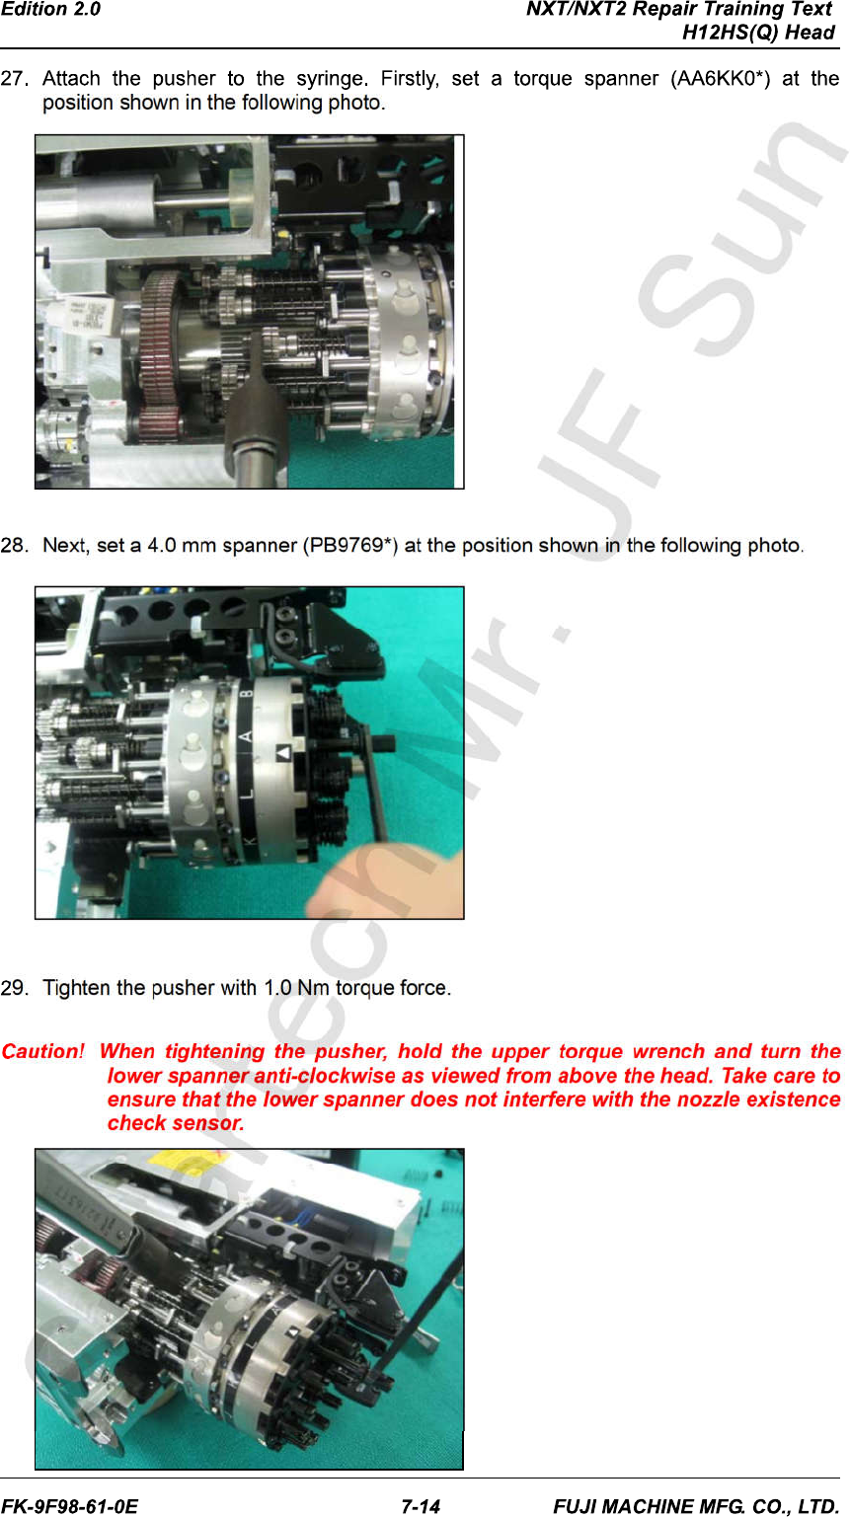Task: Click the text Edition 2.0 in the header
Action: tap(50, 10)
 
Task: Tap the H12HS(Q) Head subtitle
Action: tap(758, 33)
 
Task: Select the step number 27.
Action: tap(15, 79)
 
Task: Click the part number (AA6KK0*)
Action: tap(720, 79)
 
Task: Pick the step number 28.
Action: tap(15, 545)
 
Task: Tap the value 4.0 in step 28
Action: tap(162, 545)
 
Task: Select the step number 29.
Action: tap(15, 988)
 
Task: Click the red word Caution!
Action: tap(42, 1051)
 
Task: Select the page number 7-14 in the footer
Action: tap(421, 1506)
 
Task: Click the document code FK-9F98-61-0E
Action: tap(70, 1506)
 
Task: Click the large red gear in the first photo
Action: tap(161, 355)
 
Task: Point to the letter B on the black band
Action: tap(247, 693)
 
